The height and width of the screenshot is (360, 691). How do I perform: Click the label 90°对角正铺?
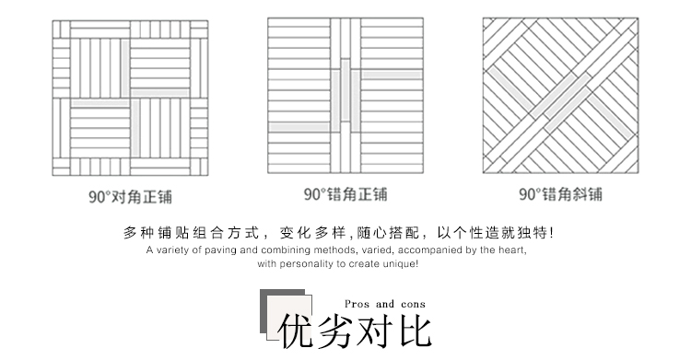[x=130, y=195]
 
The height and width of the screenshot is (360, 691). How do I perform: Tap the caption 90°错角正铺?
[x=345, y=194]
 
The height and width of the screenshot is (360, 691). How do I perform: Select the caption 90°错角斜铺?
[x=560, y=194]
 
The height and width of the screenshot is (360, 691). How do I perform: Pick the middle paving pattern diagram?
[x=345, y=96]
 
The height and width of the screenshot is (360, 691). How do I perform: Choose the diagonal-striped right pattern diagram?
[x=560, y=96]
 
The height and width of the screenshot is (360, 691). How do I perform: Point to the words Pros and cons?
[x=385, y=304]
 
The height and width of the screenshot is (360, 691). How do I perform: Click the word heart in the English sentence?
[x=513, y=250]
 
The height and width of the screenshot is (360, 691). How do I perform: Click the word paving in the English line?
[x=219, y=250]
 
